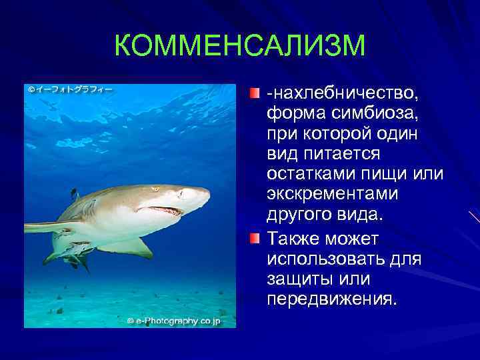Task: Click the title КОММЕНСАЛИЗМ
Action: (x=240, y=46)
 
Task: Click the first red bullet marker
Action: (x=256, y=91)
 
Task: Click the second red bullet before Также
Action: (x=256, y=238)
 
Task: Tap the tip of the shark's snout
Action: (x=207, y=195)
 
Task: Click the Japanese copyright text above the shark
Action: (x=71, y=89)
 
